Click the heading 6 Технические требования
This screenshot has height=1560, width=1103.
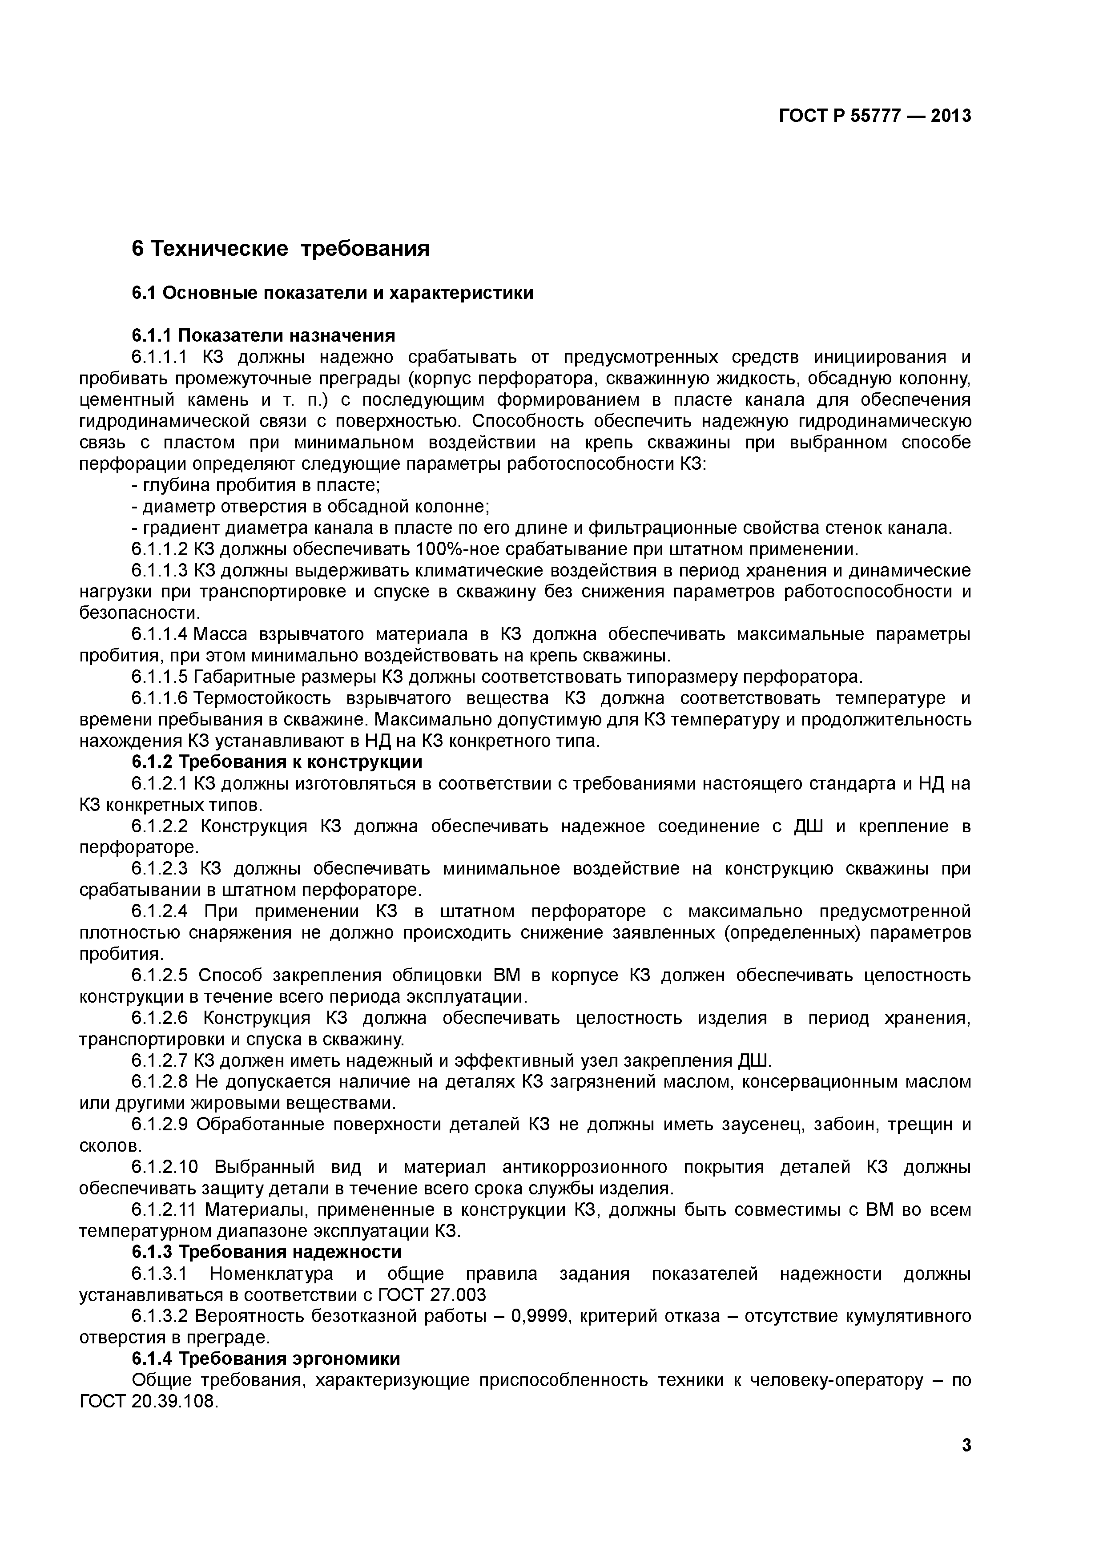(281, 249)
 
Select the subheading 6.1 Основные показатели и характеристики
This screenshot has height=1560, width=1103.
(332, 293)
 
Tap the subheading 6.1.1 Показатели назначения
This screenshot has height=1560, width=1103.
(263, 335)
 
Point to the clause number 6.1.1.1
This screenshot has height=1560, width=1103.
(158, 357)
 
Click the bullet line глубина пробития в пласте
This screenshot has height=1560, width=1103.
(256, 485)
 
